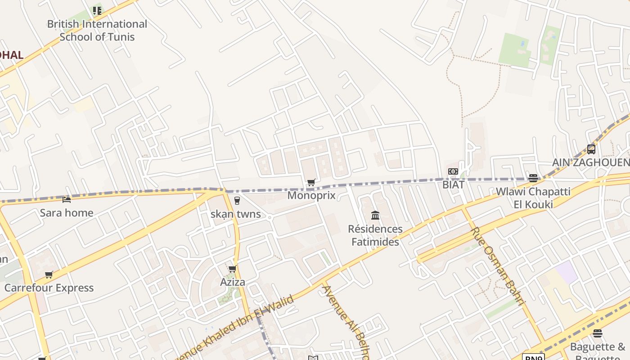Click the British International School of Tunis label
(x=97, y=30)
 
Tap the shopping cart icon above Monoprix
(x=311, y=183)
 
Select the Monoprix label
(x=311, y=195)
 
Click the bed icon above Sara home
(x=67, y=199)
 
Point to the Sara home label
(x=67, y=212)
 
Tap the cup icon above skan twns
(x=237, y=201)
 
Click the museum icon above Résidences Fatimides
(x=375, y=216)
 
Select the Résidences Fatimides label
(x=375, y=235)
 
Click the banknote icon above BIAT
(x=453, y=171)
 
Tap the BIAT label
(x=453, y=184)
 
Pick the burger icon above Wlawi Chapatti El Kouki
(x=533, y=178)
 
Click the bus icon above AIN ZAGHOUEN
(x=591, y=149)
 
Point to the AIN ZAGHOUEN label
(x=591, y=162)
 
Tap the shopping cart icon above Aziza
(x=233, y=269)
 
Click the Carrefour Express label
(x=49, y=288)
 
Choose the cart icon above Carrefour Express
(x=49, y=274)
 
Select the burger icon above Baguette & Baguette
(x=598, y=333)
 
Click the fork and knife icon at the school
(x=97, y=10)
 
